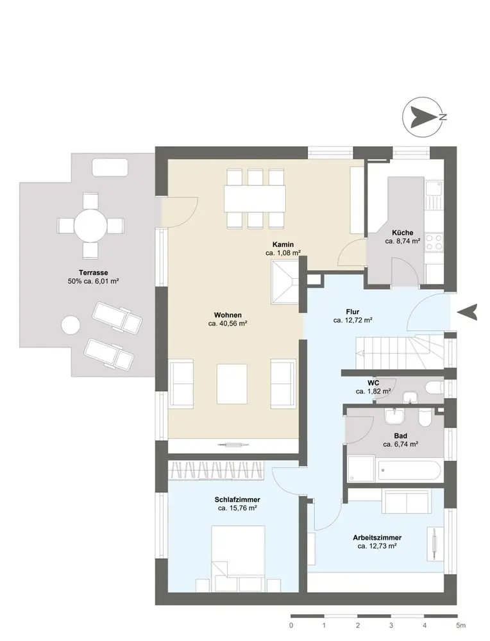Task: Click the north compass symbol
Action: [x=423, y=117]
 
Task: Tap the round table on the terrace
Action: [x=90, y=226]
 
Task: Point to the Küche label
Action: [x=403, y=233]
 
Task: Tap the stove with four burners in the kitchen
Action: [x=434, y=242]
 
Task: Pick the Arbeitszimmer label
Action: [x=378, y=538]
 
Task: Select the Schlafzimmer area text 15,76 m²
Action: [x=238, y=508]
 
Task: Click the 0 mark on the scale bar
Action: [x=292, y=624]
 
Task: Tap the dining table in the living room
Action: [x=254, y=198]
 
